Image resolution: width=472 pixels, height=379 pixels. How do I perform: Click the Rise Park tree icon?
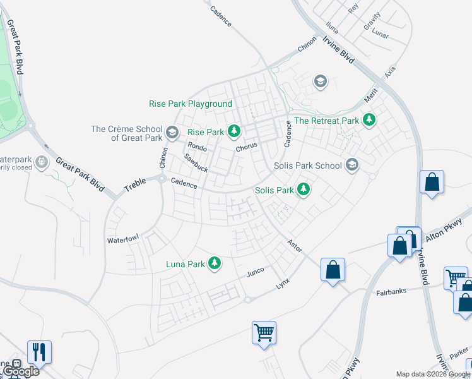(x=234, y=132)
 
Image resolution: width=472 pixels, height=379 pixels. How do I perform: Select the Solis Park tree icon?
(x=304, y=189)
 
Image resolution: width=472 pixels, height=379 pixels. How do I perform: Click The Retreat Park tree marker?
(x=369, y=120)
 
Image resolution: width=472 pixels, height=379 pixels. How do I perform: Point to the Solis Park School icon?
(x=352, y=165)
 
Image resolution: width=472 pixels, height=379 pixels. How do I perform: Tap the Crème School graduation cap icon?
(x=172, y=133)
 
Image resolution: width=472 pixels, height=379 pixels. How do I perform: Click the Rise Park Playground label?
(x=191, y=104)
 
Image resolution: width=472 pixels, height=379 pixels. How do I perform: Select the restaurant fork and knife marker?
(x=39, y=352)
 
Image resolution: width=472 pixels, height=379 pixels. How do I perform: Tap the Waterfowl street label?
(x=122, y=239)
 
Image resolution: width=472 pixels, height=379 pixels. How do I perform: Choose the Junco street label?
(x=255, y=272)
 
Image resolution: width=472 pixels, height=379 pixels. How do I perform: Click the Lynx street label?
(x=282, y=283)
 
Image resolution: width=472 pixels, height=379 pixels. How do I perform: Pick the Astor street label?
(x=295, y=244)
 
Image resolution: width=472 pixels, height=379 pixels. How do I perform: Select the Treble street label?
(x=135, y=184)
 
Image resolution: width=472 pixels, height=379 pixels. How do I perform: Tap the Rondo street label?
(x=197, y=147)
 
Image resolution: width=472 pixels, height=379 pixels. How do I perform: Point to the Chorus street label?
(x=247, y=147)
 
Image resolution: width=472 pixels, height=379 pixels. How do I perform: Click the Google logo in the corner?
(x=21, y=371)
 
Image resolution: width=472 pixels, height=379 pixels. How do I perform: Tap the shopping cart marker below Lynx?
(x=264, y=332)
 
